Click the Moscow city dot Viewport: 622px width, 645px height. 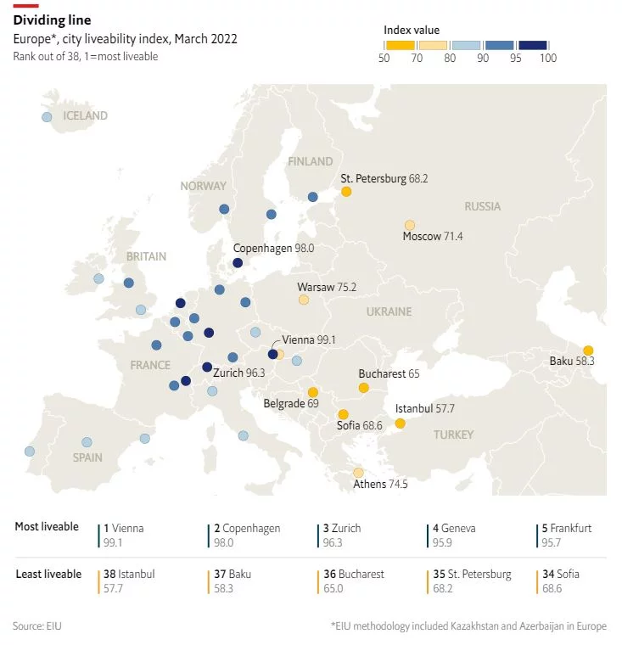click(x=410, y=225)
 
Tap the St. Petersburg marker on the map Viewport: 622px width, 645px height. click(x=346, y=192)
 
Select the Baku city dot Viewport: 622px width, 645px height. click(x=588, y=350)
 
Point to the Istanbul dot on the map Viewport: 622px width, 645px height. click(x=400, y=423)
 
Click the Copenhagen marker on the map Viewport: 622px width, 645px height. click(x=238, y=263)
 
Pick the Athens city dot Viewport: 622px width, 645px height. click(x=358, y=473)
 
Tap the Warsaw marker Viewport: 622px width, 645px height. click(x=304, y=300)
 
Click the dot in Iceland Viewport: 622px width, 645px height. click(x=47, y=117)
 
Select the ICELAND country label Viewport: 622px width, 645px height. click(x=86, y=115)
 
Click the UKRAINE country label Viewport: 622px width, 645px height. click(x=389, y=311)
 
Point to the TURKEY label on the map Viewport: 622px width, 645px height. click(x=453, y=435)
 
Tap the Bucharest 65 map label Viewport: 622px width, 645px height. click(x=389, y=373)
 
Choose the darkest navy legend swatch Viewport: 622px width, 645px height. click(x=533, y=45)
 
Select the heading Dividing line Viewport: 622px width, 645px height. click(x=52, y=19)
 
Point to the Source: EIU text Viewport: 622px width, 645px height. click(x=37, y=626)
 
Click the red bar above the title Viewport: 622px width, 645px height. click(x=25, y=5)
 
